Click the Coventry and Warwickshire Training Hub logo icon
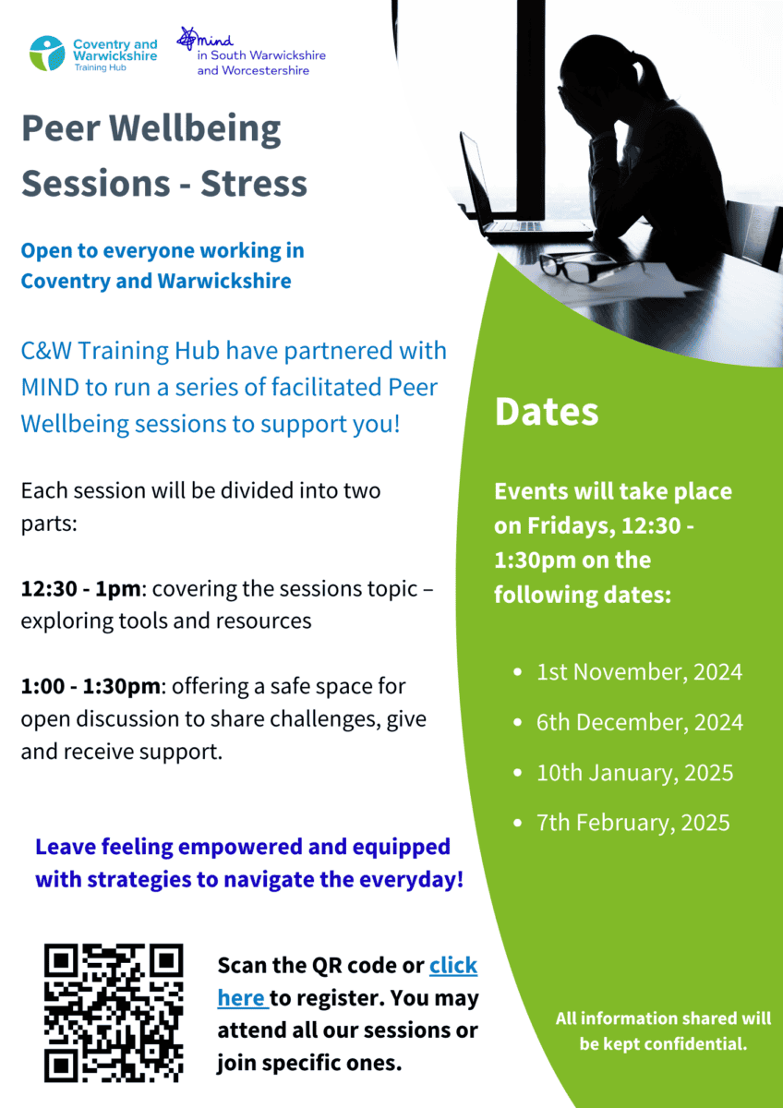(47, 53)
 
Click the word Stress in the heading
(254, 184)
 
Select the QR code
(114, 1013)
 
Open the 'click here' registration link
(347, 982)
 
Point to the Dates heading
(547, 412)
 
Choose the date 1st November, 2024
(640, 672)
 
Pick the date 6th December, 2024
(640, 722)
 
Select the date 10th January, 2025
(635, 773)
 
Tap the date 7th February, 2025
(633, 823)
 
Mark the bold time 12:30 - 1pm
(80, 589)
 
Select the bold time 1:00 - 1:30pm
(90, 686)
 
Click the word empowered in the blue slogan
(239, 847)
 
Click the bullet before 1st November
(518, 672)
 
